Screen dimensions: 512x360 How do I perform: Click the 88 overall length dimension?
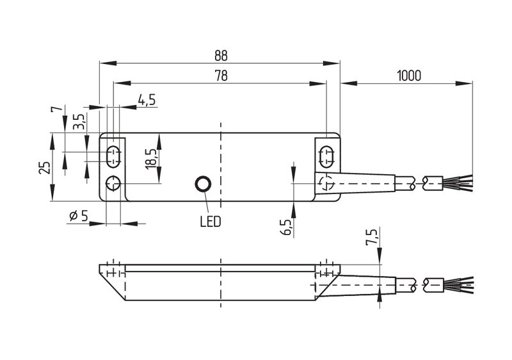(221, 56)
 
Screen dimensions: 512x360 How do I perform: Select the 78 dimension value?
(221, 76)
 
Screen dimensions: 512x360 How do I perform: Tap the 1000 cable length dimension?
(409, 76)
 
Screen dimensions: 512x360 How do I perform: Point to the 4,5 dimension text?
(147, 100)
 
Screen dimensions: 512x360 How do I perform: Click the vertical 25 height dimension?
(45, 168)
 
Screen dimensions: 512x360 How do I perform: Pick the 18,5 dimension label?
(152, 159)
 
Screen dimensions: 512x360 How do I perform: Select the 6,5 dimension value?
(286, 227)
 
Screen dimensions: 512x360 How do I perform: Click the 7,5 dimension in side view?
(372, 236)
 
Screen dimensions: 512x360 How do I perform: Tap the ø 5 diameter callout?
(79, 216)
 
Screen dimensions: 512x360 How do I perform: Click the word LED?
(211, 222)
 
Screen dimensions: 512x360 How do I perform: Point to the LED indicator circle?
(203, 184)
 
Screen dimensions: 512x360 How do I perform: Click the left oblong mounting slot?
(113, 157)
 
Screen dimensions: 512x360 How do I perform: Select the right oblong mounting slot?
(326, 157)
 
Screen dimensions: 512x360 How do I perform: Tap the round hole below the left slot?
(113, 184)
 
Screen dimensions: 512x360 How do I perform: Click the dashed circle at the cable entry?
(327, 183)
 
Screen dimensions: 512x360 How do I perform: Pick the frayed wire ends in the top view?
(458, 183)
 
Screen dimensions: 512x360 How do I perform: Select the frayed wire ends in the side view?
(458, 284)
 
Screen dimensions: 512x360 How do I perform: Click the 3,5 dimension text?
(79, 122)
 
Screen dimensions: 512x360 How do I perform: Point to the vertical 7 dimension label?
(56, 109)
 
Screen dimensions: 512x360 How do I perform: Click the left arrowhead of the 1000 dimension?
(349, 84)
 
